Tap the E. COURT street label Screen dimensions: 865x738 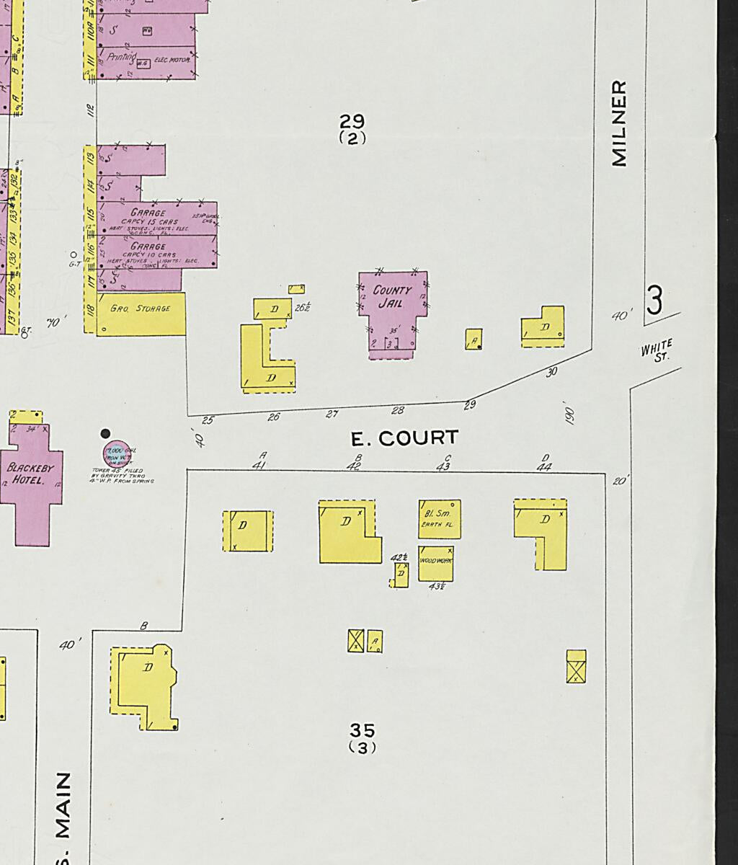404,438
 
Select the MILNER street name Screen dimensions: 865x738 618,123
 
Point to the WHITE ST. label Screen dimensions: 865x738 657,351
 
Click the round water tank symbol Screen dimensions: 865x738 116,454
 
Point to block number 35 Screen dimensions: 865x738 362,730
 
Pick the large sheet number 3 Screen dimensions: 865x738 654,301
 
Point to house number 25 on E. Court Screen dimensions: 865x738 208,420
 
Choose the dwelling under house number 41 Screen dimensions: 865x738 248,531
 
